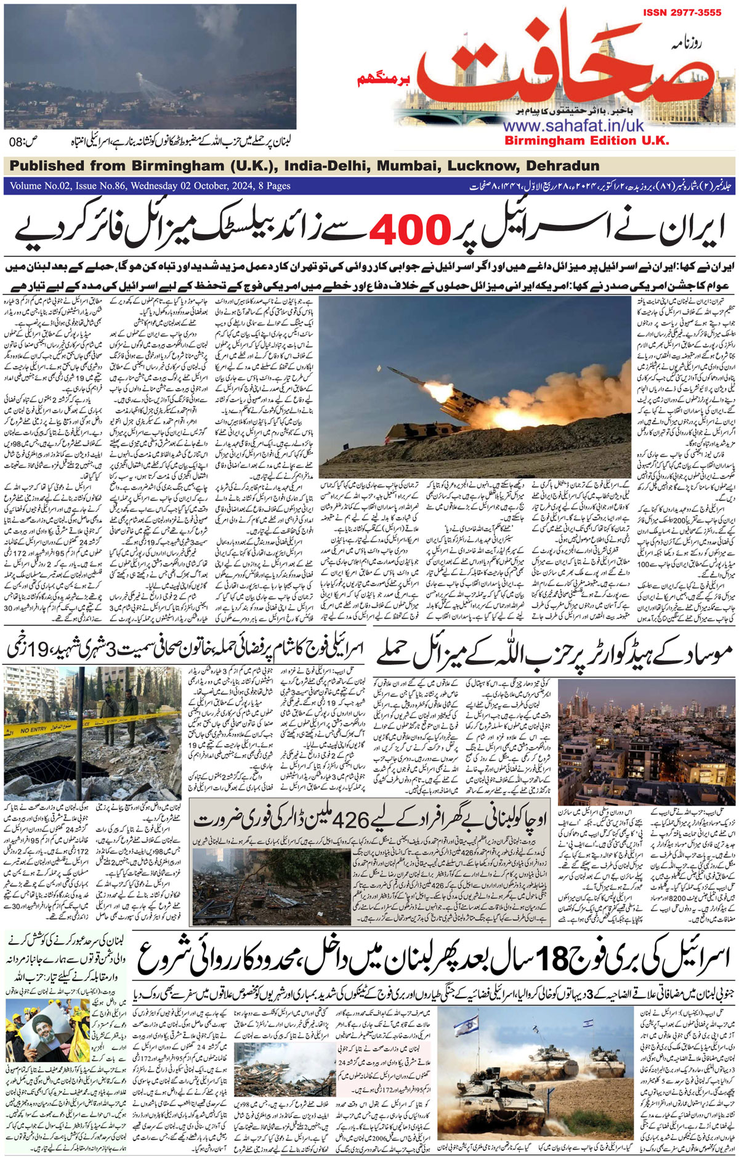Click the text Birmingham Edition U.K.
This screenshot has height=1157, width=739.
coord(586,140)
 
